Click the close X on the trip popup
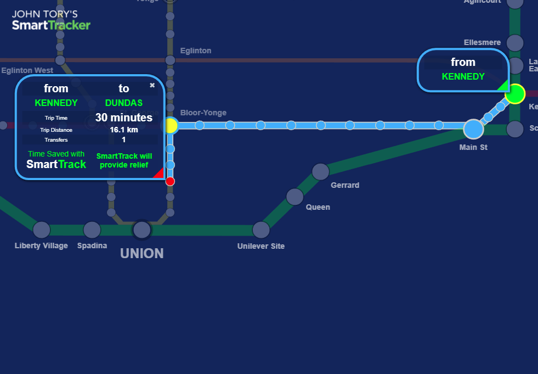[152, 85]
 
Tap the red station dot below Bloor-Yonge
[170, 181]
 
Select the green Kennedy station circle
[515, 94]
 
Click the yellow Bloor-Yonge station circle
[171, 126]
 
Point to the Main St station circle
[473, 129]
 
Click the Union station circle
[142, 230]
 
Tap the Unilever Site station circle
[261, 230]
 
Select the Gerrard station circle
[320, 172]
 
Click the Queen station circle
[295, 197]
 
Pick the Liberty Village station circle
[42, 230]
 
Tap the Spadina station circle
[92, 230]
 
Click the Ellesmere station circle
[515, 42]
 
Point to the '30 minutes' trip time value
[124, 118]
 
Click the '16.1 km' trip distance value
[124, 130]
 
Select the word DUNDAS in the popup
[124, 103]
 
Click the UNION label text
[142, 253]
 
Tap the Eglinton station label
[196, 51]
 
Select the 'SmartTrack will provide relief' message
[124, 160]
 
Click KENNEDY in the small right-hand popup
[463, 76]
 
